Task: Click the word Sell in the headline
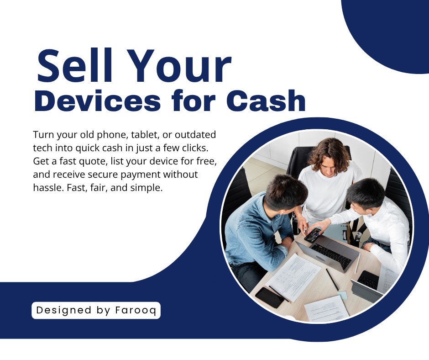click(75, 65)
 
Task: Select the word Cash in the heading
click(266, 101)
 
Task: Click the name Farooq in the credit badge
click(136, 310)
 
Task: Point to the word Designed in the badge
click(64, 310)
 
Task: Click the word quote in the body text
click(92, 161)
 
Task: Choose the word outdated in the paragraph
click(195, 134)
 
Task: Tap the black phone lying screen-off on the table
click(269, 297)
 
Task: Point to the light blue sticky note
click(342, 295)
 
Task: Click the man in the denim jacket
click(260, 228)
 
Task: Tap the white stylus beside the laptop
click(358, 263)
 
